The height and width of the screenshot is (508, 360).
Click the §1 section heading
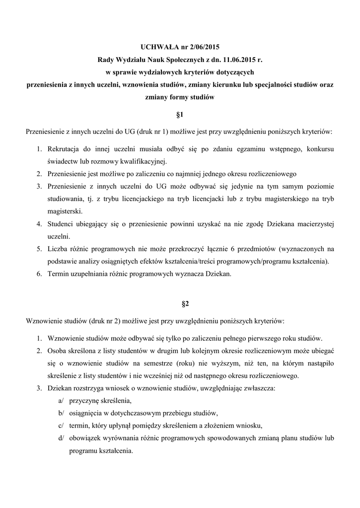tap(180, 115)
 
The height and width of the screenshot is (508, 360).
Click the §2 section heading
tap(180, 303)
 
